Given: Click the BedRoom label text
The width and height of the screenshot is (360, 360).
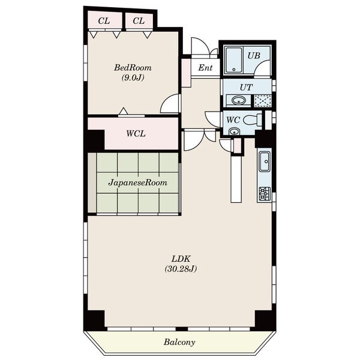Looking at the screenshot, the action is pyautogui.click(x=133, y=68).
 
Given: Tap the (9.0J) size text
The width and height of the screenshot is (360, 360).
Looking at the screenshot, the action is pyautogui.click(x=133, y=78).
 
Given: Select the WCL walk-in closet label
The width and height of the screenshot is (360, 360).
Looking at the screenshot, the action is pyautogui.click(x=136, y=134).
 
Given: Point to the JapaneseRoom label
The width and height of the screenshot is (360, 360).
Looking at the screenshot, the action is pyautogui.click(x=138, y=183).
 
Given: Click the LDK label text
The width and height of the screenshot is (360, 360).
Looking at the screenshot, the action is pyautogui.click(x=181, y=259).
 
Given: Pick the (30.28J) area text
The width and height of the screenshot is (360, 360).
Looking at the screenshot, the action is pyautogui.click(x=181, y=269).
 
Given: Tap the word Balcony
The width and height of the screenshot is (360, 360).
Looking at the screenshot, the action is pyautogui.click(x=179, y=342).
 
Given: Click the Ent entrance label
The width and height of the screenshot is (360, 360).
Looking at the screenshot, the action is pyautogui.click(x=205, y=68).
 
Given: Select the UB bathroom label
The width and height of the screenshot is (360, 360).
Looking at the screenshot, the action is pyautogui.click(x=254, y=56).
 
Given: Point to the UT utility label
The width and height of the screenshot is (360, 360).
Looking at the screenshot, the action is pyautogui.click(x=246, y=88).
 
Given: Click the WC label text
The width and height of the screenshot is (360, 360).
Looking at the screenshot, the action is pyautogui.click(x=233, y=120).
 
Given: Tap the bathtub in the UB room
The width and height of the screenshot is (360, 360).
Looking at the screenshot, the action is pyautogui.click(x=234, y=60).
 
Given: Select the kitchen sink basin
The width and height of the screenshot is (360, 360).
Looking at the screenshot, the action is pyautogui.click(x=265, y=161).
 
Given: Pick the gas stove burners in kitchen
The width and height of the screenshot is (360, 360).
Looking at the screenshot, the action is pyautogui.click(x=265, y=194).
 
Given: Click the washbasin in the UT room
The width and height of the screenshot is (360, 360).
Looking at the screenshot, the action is pyautogui.click(x=238, y=101).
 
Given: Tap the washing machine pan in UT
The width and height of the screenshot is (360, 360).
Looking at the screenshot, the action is pyautogui.click(x=263, y=101).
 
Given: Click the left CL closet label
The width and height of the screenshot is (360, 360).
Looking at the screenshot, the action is pyautogui.click(x=104, y=21).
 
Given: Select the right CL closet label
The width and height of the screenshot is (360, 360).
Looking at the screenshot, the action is pyautogui.click(x=139, y=21).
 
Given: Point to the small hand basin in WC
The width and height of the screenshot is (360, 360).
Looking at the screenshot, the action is pyautogui.click(x=234, y=132).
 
